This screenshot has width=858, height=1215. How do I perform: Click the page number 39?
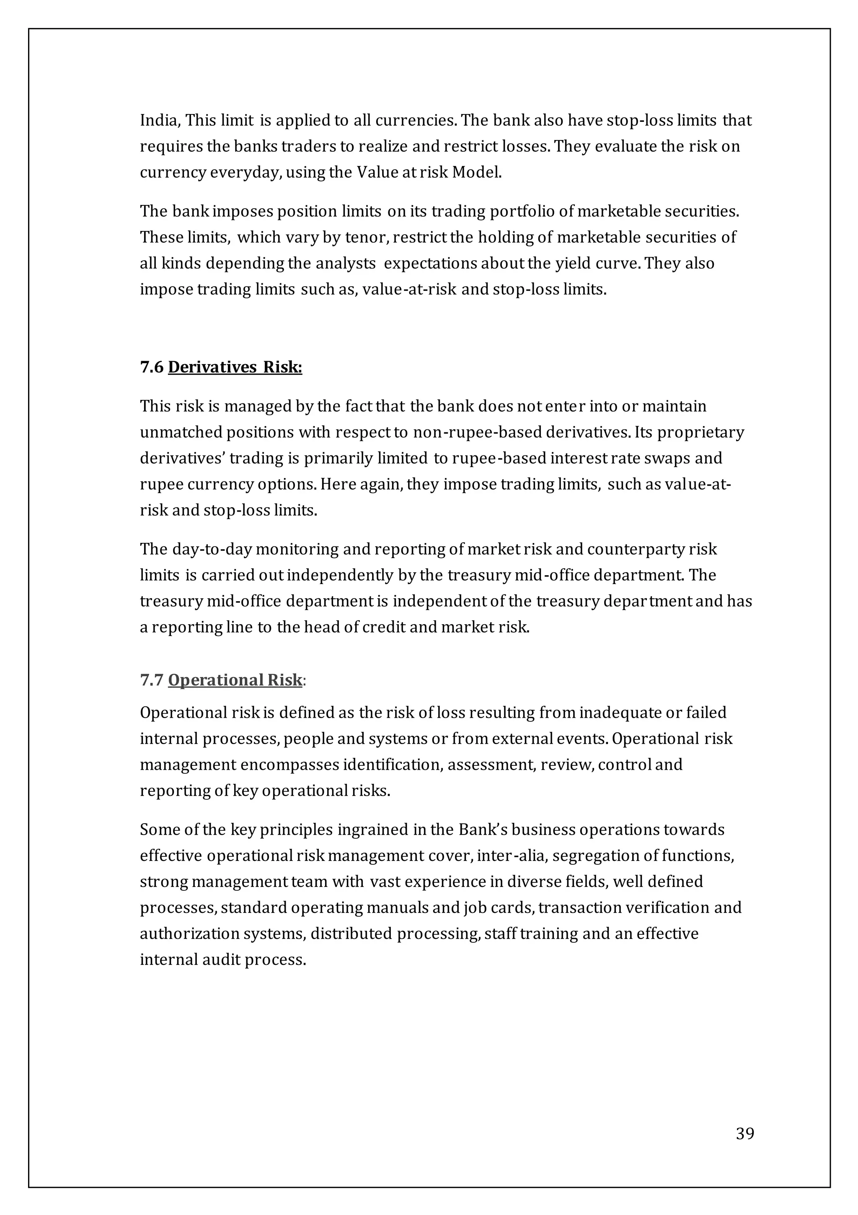click(x=745, y=1134)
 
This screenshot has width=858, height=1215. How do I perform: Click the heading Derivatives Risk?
click(x=235, y=367)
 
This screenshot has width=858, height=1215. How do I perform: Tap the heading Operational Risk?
click(x=235, y=680)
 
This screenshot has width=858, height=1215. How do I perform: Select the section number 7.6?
click(x=152, y=367)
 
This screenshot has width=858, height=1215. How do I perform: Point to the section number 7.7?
click(x=152, y=680)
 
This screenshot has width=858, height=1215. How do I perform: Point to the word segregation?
click(x=595, y=856)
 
